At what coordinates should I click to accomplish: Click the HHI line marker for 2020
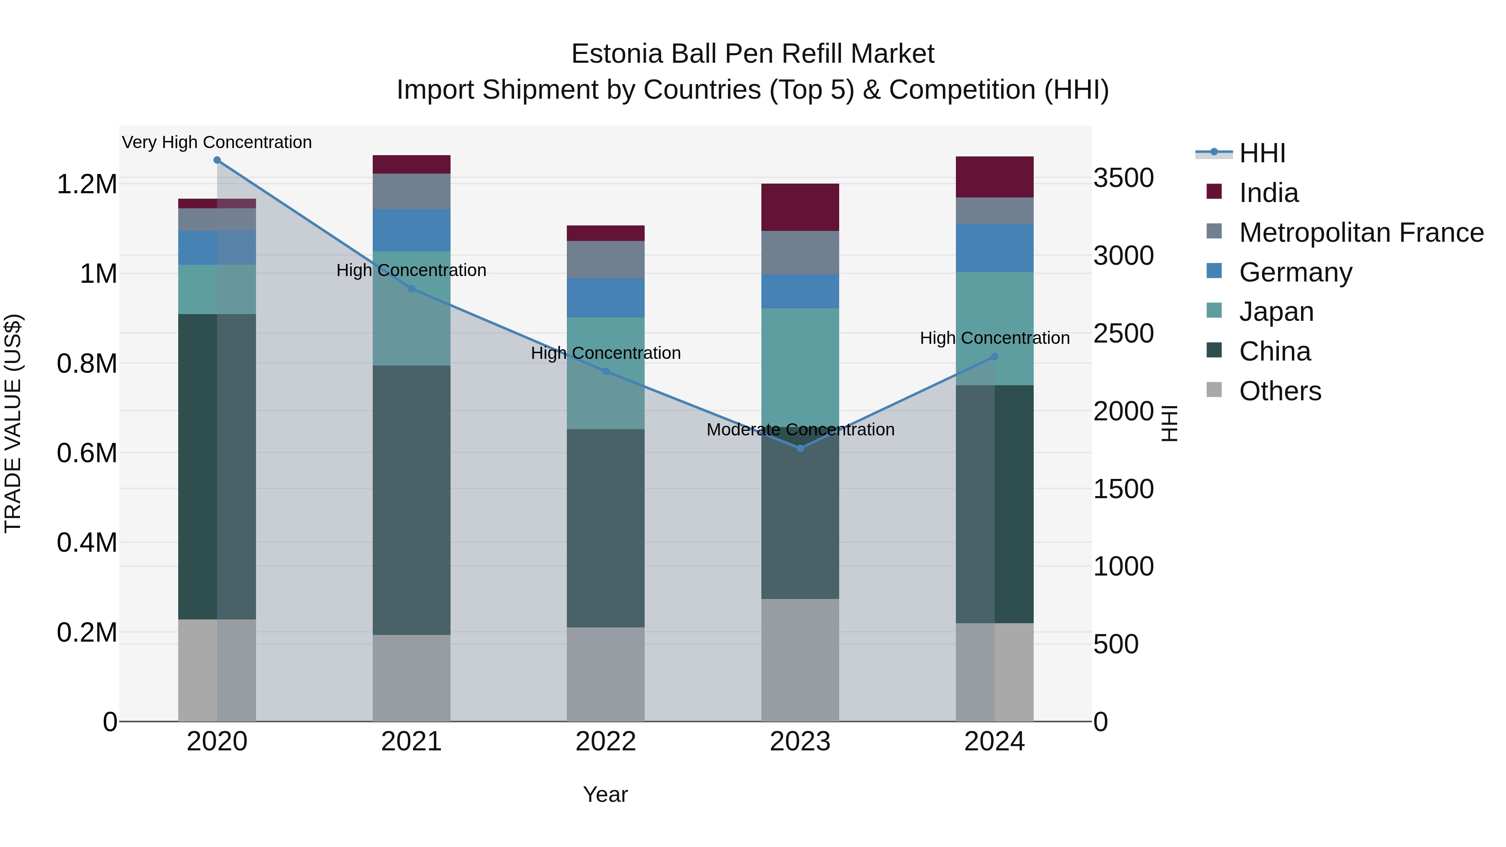click(217, 160)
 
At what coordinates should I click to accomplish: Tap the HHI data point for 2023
click(800, 448)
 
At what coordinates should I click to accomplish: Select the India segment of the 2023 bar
click(800, 207)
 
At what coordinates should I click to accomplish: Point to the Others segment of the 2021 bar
click(412, 678)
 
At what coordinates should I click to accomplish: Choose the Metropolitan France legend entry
click(1361, 233)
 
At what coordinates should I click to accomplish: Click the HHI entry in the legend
click(1262, 153)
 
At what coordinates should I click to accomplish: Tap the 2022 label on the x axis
click(606, 742)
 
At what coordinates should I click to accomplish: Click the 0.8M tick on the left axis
click(87, 363)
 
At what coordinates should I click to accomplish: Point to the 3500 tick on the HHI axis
click(1124, 178)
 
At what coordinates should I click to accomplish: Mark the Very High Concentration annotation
click(217, 143)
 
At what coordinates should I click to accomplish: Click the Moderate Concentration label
click(800, 430)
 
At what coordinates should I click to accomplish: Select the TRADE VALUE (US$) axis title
click(13, 423)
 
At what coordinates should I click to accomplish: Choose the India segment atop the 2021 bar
click(412, 164)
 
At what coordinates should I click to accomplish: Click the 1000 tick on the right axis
click(1124, 566)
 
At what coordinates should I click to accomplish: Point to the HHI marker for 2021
click(412, 289)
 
